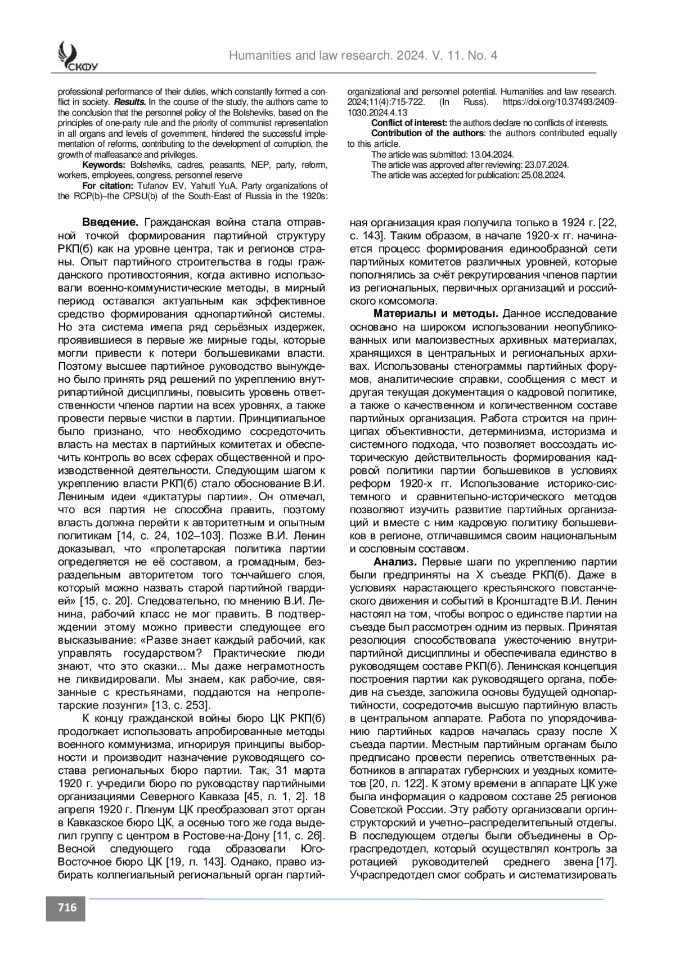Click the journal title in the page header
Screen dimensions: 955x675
coord(363,55)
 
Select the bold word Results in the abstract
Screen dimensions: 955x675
coord(130,102)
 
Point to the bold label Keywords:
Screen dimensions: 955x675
coord(103,165)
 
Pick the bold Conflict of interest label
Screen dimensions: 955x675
coord(409,123)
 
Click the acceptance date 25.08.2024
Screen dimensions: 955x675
coord(543,175)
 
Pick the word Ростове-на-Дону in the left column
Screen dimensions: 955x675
coord(251,835)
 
